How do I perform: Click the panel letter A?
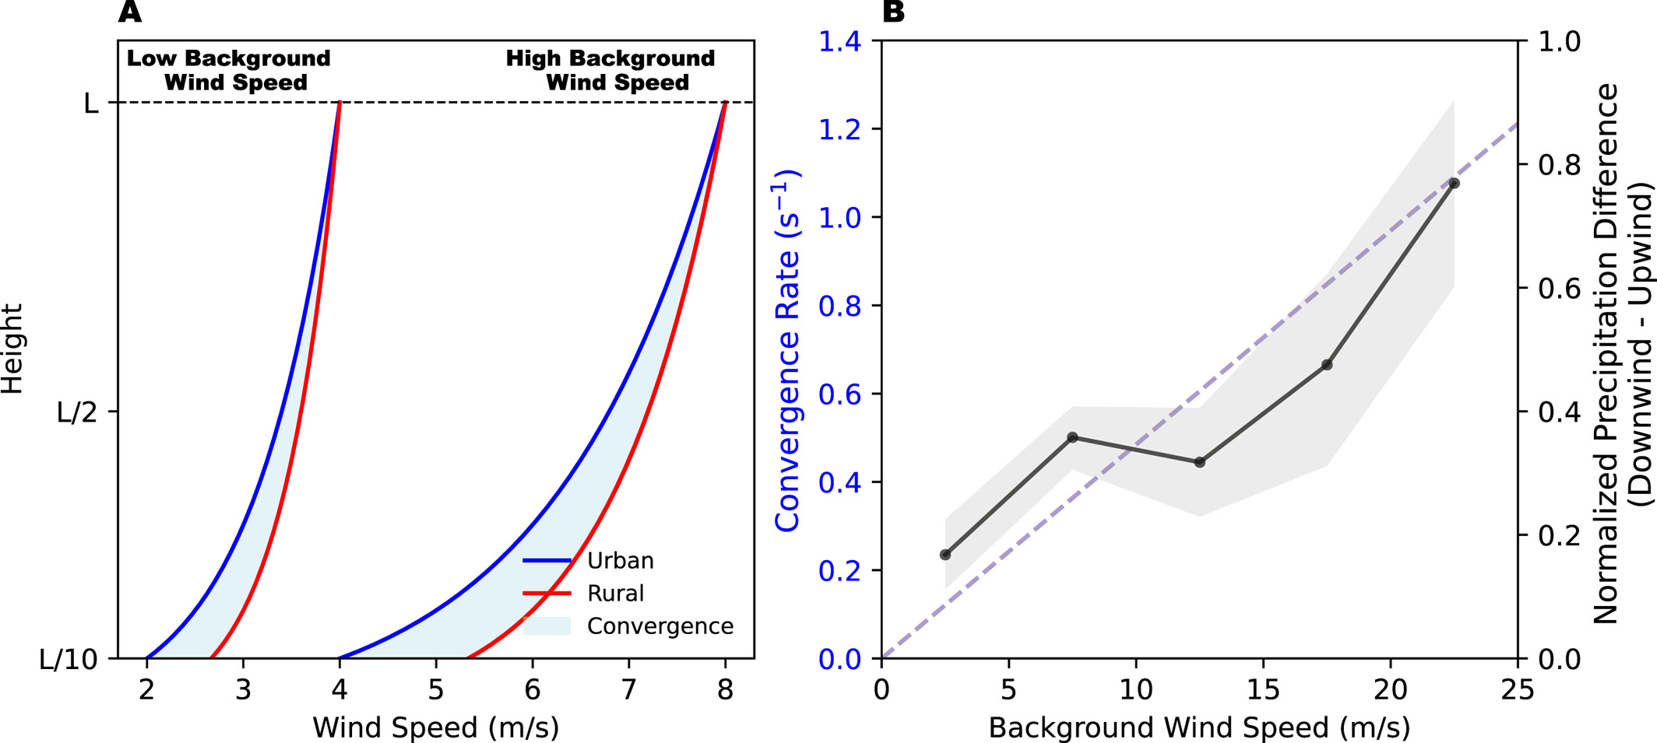coord(130,12)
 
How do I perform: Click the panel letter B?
coord(894,12)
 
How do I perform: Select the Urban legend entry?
coord(620,561)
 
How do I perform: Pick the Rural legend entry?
coord(615,594)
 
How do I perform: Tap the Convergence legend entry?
coord(660,626)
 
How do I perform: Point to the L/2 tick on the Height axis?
coord(78,413)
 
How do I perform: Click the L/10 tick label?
coord(69,660)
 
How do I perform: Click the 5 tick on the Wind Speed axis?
coord(436,689)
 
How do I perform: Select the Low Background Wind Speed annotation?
coord(229,70)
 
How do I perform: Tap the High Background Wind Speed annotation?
coord(611,70)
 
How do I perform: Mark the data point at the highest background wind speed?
coord(1454,184)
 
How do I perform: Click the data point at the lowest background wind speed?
coord(945,555)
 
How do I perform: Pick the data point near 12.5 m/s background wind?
coord(1200,462)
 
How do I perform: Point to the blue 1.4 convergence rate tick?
coord(839,41)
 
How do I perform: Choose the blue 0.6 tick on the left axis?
coord(839,394)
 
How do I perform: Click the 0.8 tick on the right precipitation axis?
coord(1559,165)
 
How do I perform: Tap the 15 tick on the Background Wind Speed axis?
coord(1263,689)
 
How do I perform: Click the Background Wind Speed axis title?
coord(1199,728)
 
